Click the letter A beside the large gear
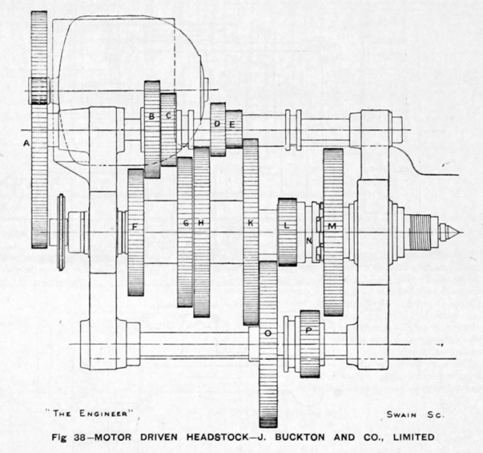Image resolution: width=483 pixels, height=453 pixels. pyautogui.click(x=27, y=143)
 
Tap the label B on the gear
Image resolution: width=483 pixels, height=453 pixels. pyautogui.click(x=152, y=116)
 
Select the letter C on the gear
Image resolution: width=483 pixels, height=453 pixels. pyautogui.click(x=168, y=116)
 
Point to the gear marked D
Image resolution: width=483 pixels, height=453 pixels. pyautogui.click(x=218, y=129)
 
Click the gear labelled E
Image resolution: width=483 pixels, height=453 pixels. pyautogui.click(x=234, y=129)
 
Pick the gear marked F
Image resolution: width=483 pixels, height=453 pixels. pyautogui.click(x=136, y=233)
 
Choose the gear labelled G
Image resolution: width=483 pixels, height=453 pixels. pyautogui.click(x=185, y=232)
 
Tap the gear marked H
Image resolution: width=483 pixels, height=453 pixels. pyautogui.click(x=202, y=232)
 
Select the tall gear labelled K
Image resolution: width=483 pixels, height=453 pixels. pyautogui.click(x=251, y=232)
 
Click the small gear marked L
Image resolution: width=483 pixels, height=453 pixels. pyautogui.click(x=287, y=232)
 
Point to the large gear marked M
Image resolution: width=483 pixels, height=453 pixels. pyautogui.click(x=334, y=233)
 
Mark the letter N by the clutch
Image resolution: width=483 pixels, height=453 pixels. pyautogui.click(x=309, y=241)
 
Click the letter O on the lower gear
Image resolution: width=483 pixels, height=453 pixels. pyautogui.click(x=268, y=333)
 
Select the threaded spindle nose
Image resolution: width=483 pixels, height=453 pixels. pyautogui.click(x=420, y=233)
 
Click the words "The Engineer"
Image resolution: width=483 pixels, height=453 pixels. pyautogui.click(x=90, y=413)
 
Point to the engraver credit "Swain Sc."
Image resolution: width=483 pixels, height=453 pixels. pyautogui.click(x=416, y=414)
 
